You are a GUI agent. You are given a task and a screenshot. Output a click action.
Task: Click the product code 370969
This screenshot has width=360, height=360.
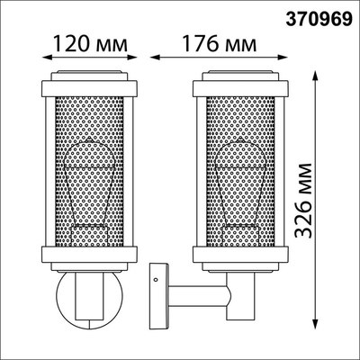(319, 16)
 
